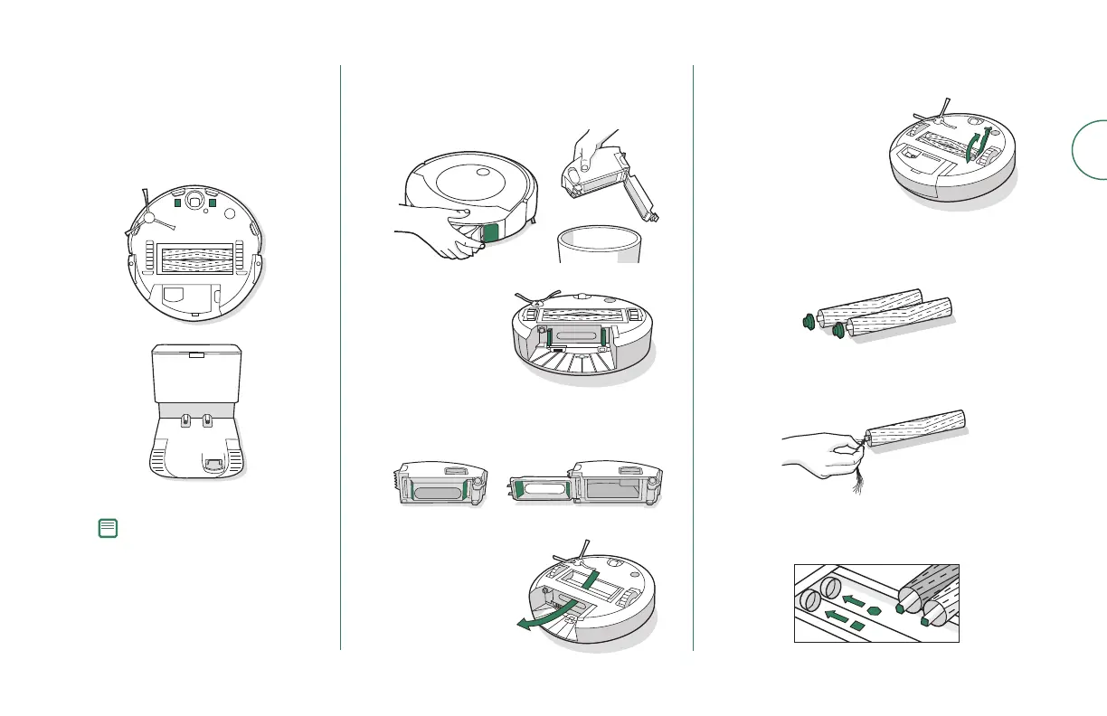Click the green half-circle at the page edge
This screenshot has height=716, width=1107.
tap(1089, 149)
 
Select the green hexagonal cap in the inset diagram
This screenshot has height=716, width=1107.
tap(900, 608)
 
